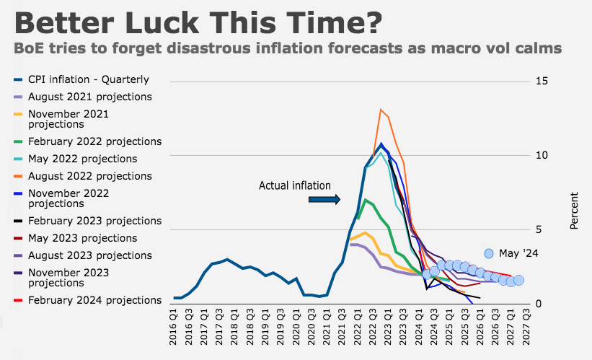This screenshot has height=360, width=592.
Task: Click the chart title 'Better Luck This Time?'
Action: [x=198, y=22]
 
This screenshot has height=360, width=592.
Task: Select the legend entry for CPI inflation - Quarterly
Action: [x=81, y=79]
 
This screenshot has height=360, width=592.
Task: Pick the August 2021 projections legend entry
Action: [x=83, y=97]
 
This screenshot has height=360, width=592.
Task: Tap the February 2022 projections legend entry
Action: [x=87, y=141]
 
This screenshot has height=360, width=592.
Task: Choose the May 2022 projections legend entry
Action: [x=76, y=159]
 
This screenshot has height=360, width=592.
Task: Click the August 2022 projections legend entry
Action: [x=83, y=176]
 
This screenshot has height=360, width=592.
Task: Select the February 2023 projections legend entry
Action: [x=87, y=221]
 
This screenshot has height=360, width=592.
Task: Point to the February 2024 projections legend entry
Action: [x=87, y=300]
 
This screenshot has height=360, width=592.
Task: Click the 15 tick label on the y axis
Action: [x=542, y=82]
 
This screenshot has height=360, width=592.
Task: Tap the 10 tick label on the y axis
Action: [x=542, y=155]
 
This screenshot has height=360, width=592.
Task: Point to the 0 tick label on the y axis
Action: [x=539, y=304]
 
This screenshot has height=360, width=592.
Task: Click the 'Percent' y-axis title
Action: [x=574, y=211]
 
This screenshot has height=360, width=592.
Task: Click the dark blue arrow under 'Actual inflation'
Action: [x=324, y=199]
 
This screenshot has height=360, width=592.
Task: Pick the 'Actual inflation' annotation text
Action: [x=295, y=185]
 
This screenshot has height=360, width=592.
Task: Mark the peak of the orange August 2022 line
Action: [x=381, y=110]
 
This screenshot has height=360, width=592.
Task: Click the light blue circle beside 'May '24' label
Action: [x=489, y=253]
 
